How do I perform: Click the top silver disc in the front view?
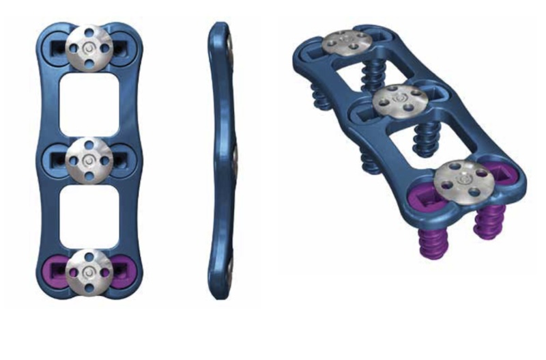89,46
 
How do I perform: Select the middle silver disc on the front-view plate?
89,158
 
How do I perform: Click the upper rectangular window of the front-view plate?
89,102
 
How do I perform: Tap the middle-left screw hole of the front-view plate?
57,159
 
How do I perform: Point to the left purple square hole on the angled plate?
422,198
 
